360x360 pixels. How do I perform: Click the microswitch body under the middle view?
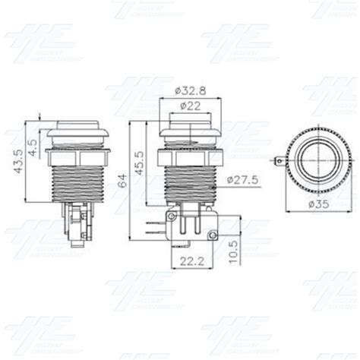192,229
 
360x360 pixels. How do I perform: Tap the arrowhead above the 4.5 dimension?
39,121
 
